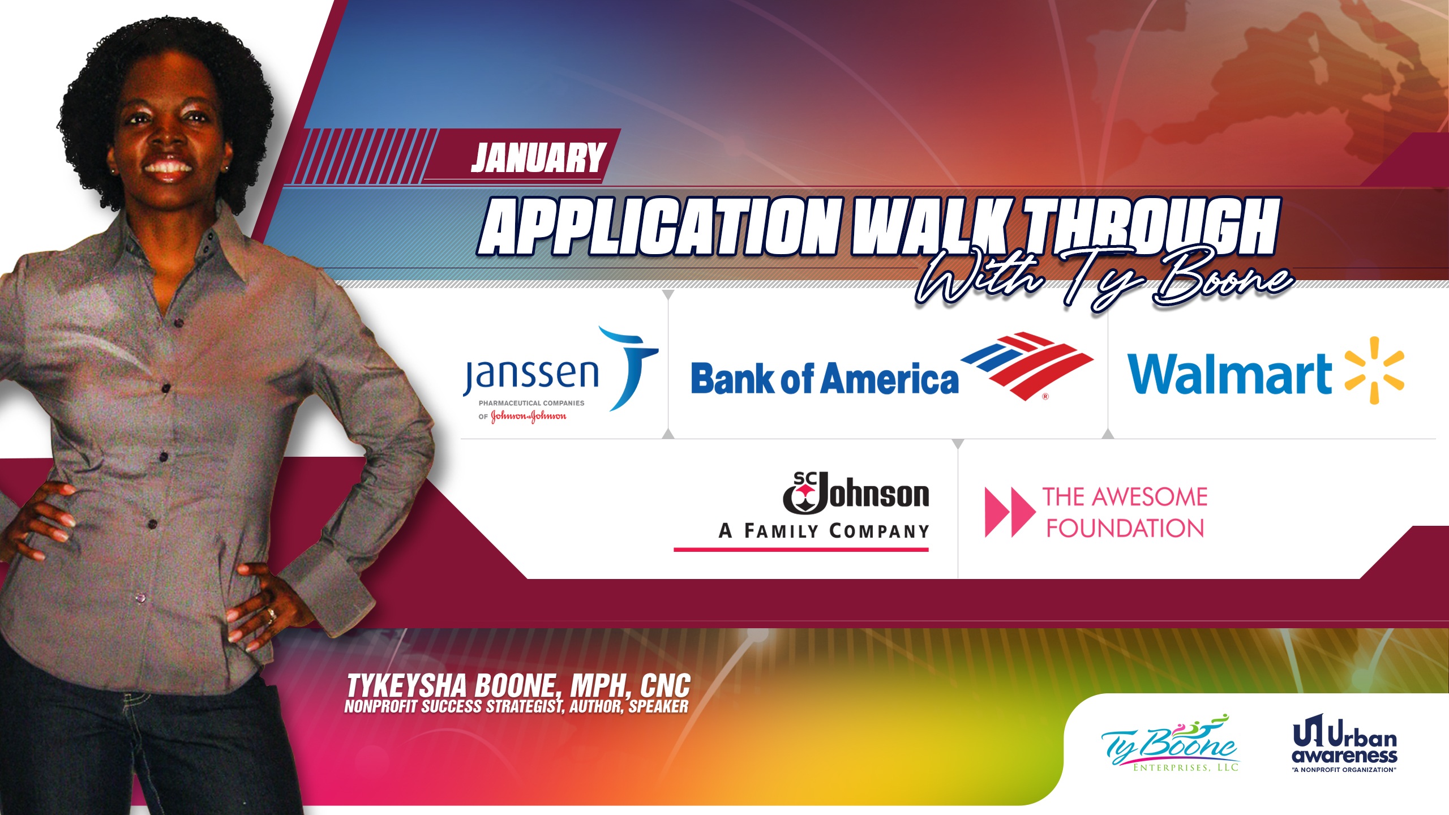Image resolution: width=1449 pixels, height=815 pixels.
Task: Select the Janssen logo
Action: pos(560,374)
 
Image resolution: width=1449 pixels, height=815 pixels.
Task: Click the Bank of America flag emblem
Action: pos(1027,366)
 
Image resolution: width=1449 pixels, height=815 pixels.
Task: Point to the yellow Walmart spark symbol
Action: pos(1374,371)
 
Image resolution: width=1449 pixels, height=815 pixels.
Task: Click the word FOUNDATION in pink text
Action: pos(1125,529)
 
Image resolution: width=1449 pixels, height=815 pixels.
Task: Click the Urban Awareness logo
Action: pos(1344,743)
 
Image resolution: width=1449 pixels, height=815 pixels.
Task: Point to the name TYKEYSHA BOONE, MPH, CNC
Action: pos(518,685)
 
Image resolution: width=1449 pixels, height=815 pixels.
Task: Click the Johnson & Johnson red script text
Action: pos(529,417)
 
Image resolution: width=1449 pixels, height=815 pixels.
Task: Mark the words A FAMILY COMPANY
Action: pos(824,531)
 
